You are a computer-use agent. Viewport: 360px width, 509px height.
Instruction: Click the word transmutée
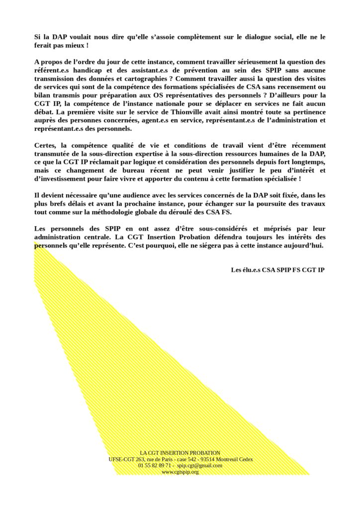click(54, 154)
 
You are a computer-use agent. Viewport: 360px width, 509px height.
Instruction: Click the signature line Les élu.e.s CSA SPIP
click(278, 270)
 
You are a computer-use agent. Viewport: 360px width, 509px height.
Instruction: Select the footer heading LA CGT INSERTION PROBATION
click(180, 453)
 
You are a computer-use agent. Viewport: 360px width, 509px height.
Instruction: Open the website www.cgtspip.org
click(180, 472)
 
